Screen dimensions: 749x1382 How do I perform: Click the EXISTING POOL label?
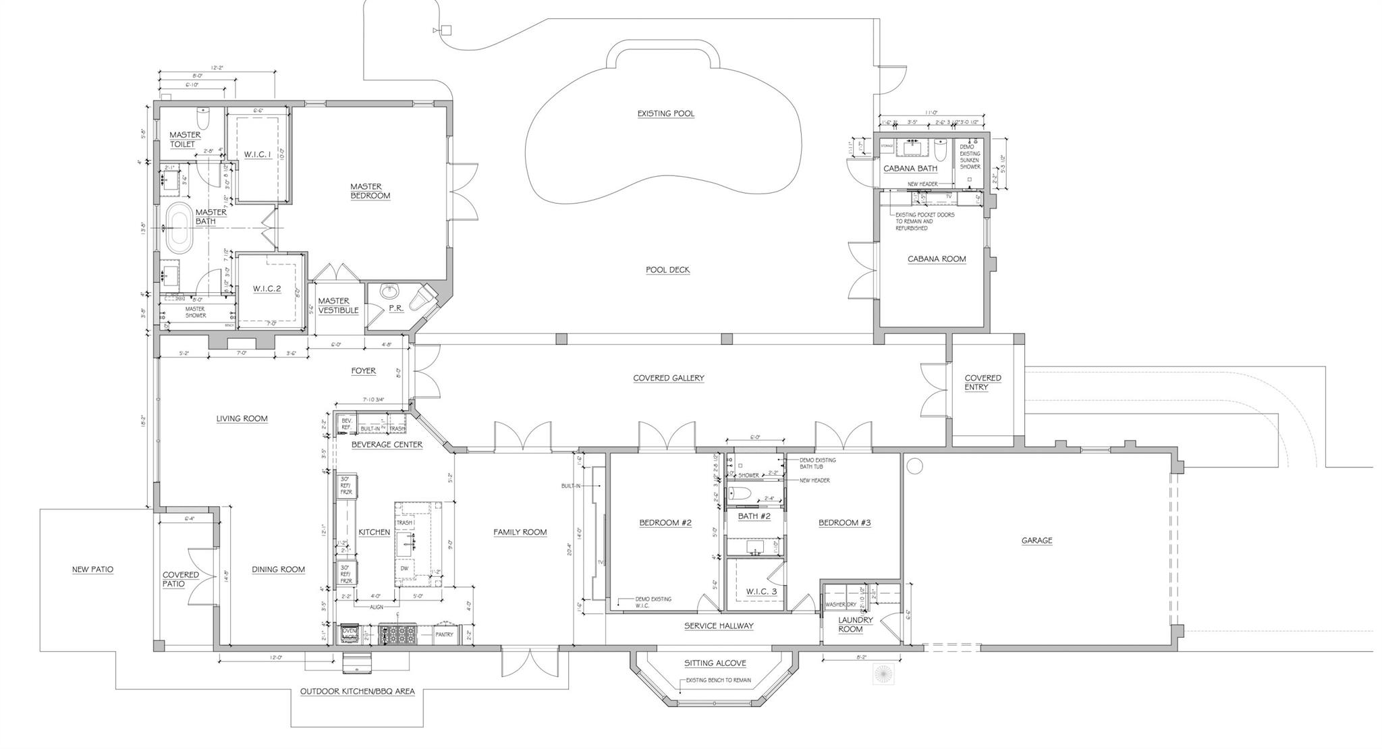[x=665, y=113]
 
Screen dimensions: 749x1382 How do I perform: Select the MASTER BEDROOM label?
[x=370, y=191]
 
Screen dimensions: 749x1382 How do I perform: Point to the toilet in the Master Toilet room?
[x=204, y=118]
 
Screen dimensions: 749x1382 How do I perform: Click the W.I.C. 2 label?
[x=267, y=289]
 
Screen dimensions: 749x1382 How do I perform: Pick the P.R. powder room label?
[x=395, y=308]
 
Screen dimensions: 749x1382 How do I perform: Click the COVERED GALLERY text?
[x=668, y=378]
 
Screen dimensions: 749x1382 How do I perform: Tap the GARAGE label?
[x=1036, y=540]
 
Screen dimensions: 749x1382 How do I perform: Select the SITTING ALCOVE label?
[x=715, y=663]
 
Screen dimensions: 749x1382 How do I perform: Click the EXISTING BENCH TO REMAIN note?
[x=718, y=680]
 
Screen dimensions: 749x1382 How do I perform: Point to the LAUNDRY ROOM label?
[x=855, y=624]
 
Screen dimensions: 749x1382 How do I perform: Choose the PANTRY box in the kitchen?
[x=444, y=634]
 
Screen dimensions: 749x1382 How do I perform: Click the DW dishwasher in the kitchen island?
[x=404, y=568]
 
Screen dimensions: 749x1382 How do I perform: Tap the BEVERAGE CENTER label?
[x=387, y=445]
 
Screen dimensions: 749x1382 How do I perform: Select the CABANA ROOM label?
[x=936, y=258]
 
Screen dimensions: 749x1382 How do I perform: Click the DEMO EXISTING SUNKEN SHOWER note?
[x=970, y=157]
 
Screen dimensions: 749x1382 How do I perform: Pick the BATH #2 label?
[x=754, y=516]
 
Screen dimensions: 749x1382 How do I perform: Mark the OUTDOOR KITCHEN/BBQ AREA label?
[x=357, y=692]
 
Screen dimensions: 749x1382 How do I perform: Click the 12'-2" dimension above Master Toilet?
[x=217, y=68]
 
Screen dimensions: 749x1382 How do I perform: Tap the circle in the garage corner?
[x=914, y=466]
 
